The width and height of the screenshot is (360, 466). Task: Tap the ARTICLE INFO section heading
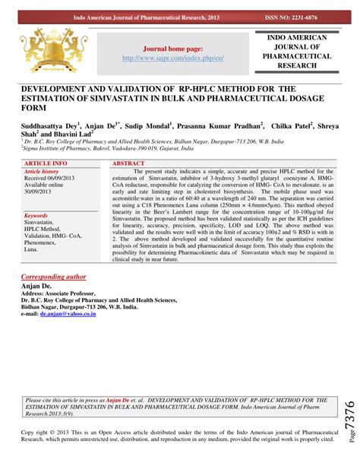coord(46,163)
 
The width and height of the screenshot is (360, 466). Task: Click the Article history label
coord(42,172)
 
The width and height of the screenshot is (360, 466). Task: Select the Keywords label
coord(37,216)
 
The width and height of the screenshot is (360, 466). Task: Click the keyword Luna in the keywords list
coord(32,249)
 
